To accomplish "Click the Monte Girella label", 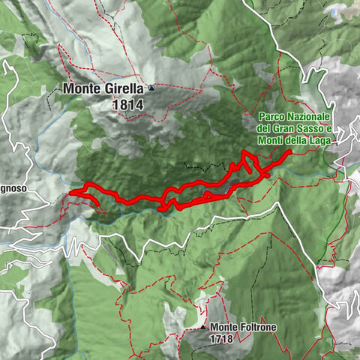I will point(104,88).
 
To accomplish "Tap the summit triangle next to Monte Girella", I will point(151,88).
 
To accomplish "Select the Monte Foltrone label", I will point(245,327).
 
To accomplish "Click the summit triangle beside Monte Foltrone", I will point(204,328).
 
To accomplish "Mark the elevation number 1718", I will point(223,338).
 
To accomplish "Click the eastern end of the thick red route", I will point(289,151).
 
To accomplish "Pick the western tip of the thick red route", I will point(71,193).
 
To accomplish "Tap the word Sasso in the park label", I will point(311,129).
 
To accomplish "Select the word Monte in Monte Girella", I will point(81,88).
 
